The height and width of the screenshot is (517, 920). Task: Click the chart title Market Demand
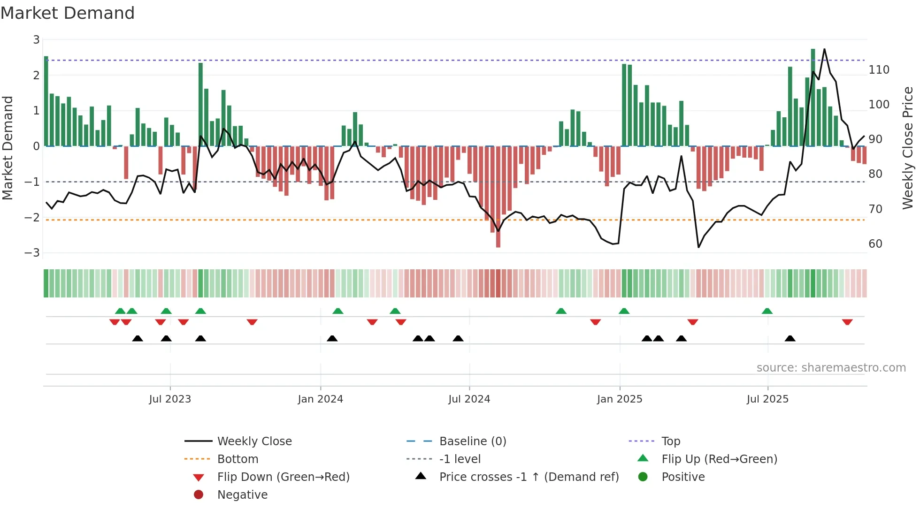(x=68, y=13)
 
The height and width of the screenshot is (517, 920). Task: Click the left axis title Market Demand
(x=8, y=148)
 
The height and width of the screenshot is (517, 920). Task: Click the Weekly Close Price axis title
(x=908, y=148)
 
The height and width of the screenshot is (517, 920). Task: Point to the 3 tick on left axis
(x=36, y=40)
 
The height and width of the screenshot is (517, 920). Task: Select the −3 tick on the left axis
(x=32, y=253)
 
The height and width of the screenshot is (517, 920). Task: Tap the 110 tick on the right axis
(x=879, y=70)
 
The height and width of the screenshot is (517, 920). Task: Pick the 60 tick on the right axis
(x=875, y=244)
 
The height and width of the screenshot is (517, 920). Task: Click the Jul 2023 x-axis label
(x=170, y=399)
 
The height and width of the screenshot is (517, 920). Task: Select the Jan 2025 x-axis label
(x=619, y=399)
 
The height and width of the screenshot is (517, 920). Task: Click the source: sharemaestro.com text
(x=831, y=368)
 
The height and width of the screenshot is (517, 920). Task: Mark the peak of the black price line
(x=824, y=49)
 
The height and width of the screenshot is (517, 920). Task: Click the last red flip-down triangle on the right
(x=847, y=322)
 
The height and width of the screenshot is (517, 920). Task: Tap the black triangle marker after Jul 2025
(x=790, y=338)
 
